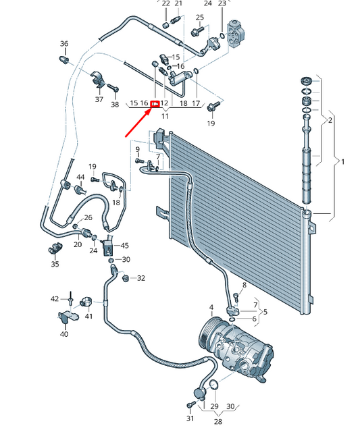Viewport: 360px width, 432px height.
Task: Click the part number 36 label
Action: (64, 43)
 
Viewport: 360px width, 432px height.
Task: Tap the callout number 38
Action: (115, 104)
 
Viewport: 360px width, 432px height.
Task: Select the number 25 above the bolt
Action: (200, 18)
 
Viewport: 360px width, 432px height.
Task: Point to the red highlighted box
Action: (155, 104)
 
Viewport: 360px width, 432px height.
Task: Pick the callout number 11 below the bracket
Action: (165, 116)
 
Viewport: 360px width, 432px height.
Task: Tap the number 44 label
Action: (80, 177)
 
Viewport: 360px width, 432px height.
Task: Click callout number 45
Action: (124, 245)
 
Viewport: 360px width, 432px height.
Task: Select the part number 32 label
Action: (141, 278)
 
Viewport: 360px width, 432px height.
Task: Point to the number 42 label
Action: (55, 299)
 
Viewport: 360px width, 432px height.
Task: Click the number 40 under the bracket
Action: (64, 334)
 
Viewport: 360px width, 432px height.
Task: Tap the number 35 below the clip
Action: (55, 264)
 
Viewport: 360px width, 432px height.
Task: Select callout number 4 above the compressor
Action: (211, 307)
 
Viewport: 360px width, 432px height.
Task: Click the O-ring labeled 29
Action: (214, 385)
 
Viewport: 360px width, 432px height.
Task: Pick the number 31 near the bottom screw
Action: (190, 418)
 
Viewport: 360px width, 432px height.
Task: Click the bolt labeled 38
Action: (113, 88)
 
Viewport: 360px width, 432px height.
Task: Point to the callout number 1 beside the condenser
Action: (342, 162)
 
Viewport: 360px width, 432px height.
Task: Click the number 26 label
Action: (88, 217)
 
